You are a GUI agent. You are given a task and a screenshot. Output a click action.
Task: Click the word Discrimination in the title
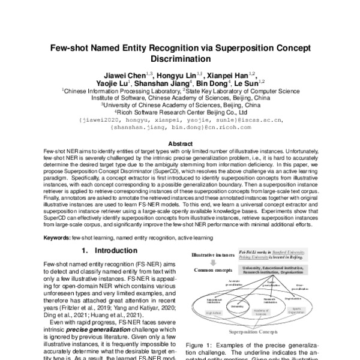(x=180, y=59)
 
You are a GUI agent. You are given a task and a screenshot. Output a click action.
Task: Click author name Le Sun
(x=247, y=84)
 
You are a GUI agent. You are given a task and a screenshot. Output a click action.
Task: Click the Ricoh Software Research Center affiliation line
(x=180, y=111)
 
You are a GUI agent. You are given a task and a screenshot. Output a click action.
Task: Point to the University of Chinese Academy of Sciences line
(x=180, y=104)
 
